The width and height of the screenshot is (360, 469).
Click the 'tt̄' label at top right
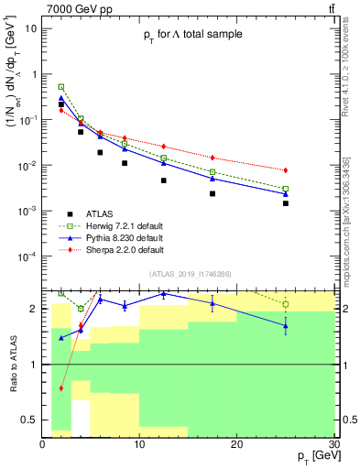pyautogui.click(x=331, y=8)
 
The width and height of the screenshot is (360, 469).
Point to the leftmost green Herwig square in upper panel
pyautogui.click(x=61, y=87)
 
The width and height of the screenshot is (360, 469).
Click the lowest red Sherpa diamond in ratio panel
pyautogui.click(x=61, y=388)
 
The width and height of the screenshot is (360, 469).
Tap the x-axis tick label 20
pyautogui.click(x=237, y=443)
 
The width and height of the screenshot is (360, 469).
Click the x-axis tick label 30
pyautogui.click(x=333, y=443)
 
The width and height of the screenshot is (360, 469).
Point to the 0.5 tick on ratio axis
pyautogui.click(x=31, y=420)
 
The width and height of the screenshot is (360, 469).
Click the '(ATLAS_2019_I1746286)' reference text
pyautogui.click(x=191, y=274)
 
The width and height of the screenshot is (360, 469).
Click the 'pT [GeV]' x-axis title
pyautogui.click(x=311, y=455)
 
